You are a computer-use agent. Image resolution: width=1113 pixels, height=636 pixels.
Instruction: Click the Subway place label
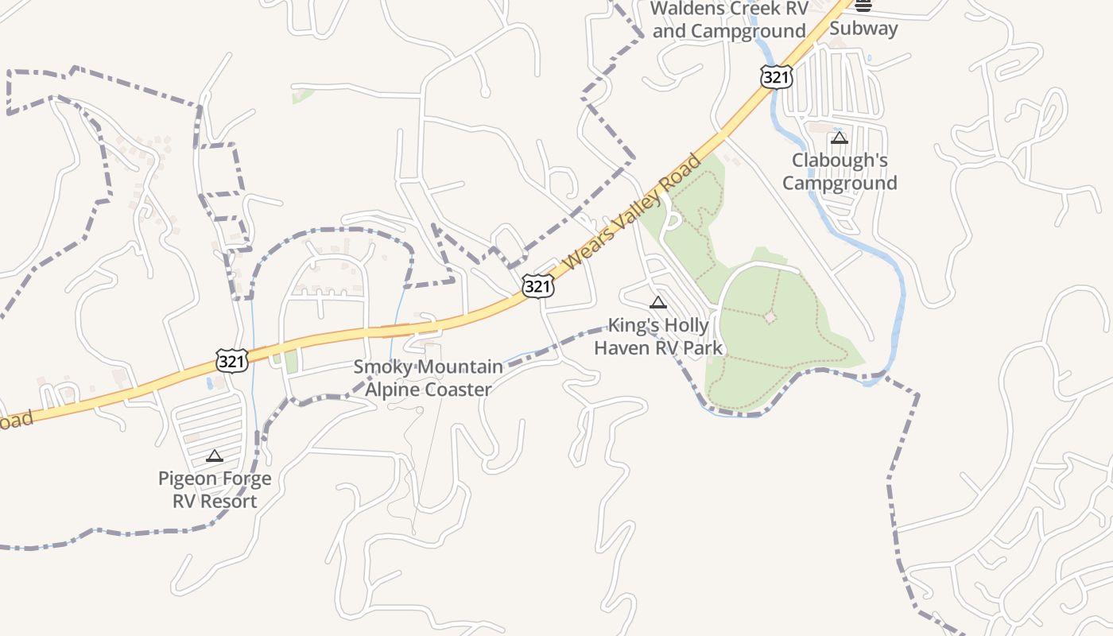pyautogui.click(x=863, y=29)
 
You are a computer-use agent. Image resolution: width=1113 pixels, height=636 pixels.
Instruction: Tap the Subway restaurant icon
pyautogui.click(x=863, y=6)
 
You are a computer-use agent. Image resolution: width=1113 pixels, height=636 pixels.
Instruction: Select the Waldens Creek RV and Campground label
pyautogui.click(x=729, y=20)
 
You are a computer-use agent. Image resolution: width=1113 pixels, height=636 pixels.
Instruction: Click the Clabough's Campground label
pyautogui.click(x=840, y=172)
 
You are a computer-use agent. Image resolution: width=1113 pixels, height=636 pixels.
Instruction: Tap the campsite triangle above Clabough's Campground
pyautogui.click(x=840, y=138)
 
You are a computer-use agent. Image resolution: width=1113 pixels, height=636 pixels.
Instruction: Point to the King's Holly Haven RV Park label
pyautogui.click(x=658, y=336)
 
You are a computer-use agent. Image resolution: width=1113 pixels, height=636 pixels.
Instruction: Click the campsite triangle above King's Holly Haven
pyautogui.click(x=657, y=302)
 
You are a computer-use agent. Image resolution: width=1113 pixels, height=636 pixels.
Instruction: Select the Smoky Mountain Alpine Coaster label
pyautogui.click(x=429, y=378)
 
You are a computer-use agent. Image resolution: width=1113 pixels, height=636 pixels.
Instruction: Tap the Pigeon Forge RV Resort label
pyautogui.click(x=215, y=490)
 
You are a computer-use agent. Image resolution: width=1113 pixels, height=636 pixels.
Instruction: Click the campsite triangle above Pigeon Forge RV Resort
pyautogui.click(x=214, y=456)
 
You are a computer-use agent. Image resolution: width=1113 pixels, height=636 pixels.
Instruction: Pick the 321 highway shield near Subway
pyautogui.click(x=775, y=76)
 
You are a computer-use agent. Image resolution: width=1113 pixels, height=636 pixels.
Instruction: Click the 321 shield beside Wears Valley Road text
pyautogui.click(x=538, y=286)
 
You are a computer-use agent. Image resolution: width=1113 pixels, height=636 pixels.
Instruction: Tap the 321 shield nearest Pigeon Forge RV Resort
pyautogui.click(x=232, y=361)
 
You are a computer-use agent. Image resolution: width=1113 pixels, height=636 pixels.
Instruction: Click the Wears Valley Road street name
pyautogui.click(x=631, y=211)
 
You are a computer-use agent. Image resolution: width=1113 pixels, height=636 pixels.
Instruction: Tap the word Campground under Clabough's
pyautogui.click(x=840, y=183)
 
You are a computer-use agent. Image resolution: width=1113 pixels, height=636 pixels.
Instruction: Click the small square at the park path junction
pyautogui.click(x=770, y=317)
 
